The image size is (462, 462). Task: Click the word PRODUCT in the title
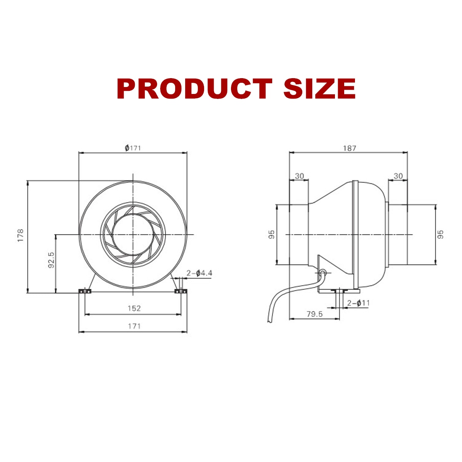194,89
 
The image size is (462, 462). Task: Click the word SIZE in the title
319,89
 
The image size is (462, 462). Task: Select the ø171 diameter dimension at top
133,148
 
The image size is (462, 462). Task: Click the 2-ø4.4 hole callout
199,273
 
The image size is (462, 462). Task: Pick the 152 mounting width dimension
134,308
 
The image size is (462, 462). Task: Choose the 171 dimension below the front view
134,326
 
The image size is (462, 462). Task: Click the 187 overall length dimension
349,148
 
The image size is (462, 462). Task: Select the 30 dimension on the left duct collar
299,176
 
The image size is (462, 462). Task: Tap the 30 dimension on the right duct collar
398,176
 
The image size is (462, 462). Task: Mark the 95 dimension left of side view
271,235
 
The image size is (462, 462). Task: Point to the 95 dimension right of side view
441,234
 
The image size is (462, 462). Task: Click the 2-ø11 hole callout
358,303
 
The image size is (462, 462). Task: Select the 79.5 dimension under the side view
315,314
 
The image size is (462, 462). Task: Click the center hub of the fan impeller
133,234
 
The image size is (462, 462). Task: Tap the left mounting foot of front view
84,291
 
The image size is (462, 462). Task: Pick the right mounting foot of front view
181,291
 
